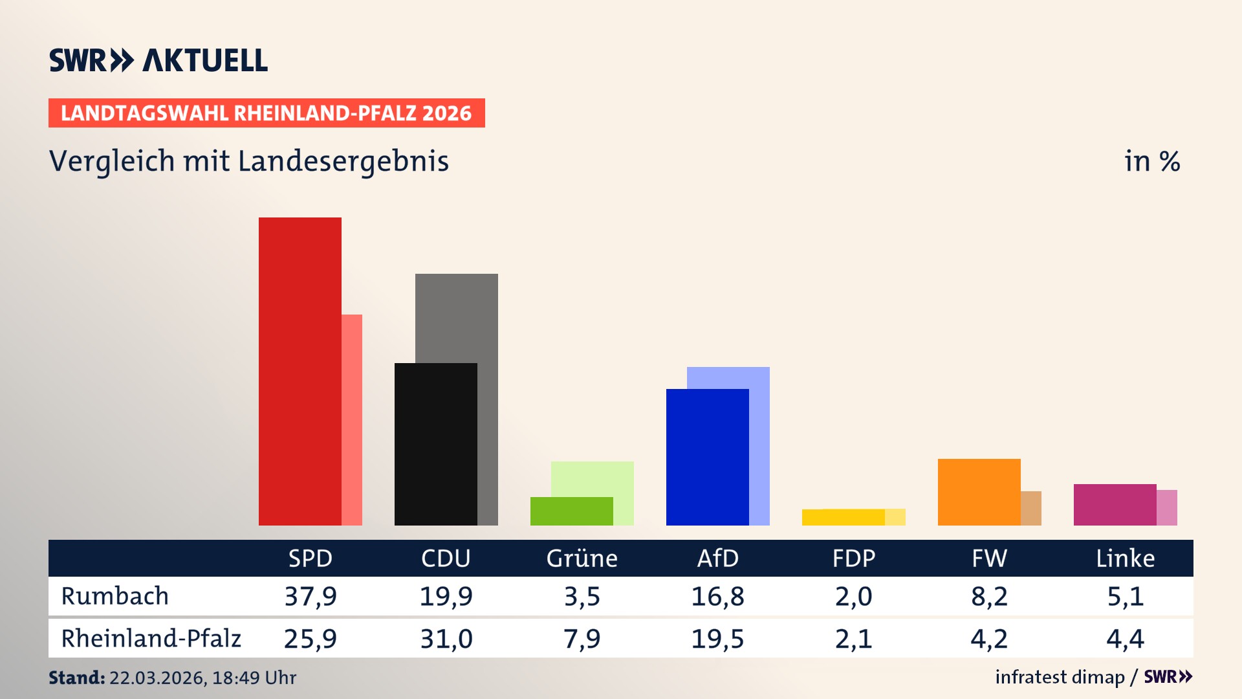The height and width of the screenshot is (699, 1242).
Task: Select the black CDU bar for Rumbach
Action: [435, 444]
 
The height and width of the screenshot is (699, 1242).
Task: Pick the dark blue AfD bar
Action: [707, 457]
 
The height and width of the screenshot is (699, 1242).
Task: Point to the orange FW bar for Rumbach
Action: [979, 492]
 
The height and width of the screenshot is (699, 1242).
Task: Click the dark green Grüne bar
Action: [571, 511]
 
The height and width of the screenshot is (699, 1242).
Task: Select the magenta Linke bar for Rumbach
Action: [1115, 504]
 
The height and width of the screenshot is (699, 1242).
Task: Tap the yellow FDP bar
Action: [843, 517]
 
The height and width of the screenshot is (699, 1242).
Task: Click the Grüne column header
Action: [582, 558]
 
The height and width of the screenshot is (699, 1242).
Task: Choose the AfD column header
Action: [717, 558]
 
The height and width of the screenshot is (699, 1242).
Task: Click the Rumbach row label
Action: [115, 596]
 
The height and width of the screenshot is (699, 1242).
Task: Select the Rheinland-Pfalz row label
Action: [151, 639]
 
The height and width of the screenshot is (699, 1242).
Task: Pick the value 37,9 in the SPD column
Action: [310, 596]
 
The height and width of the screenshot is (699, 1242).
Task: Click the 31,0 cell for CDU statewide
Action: [446, 639]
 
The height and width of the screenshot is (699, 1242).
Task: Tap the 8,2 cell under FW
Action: [989, 596]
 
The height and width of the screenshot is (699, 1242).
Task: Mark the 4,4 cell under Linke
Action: [1125, 639]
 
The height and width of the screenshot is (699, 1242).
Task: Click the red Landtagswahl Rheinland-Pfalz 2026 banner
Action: [267, 113]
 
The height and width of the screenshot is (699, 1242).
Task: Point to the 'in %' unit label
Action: [1151, 161]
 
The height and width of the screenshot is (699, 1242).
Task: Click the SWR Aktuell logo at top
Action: [158, 60]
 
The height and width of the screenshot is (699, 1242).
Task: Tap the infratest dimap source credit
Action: [1060, 677]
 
